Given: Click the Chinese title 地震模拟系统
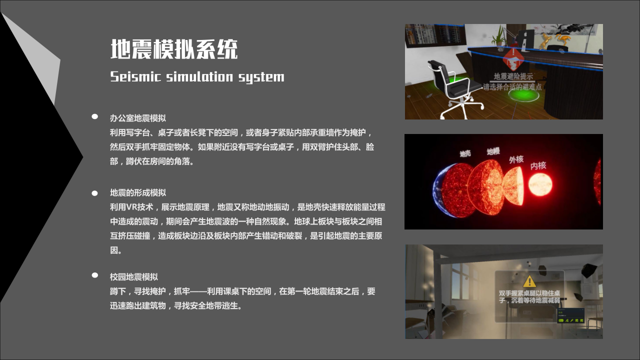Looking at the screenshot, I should coord(174,49).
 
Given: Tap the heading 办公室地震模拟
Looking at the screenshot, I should coord(138,118).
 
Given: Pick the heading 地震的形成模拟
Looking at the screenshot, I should coord(138,192).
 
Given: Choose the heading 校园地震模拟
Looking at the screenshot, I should coord(134,276).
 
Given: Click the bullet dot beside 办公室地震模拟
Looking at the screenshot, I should coord(94,116).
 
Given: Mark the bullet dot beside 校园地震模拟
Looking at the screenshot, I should coord(94,275).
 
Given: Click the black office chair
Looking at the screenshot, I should coord(450,85).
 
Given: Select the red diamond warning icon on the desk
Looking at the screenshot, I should coord(512,59).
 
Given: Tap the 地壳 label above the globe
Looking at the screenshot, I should coord(465,153).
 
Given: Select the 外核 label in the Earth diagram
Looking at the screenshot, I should coord(516,159).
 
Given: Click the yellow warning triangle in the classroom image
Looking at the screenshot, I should coord(529,281).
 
